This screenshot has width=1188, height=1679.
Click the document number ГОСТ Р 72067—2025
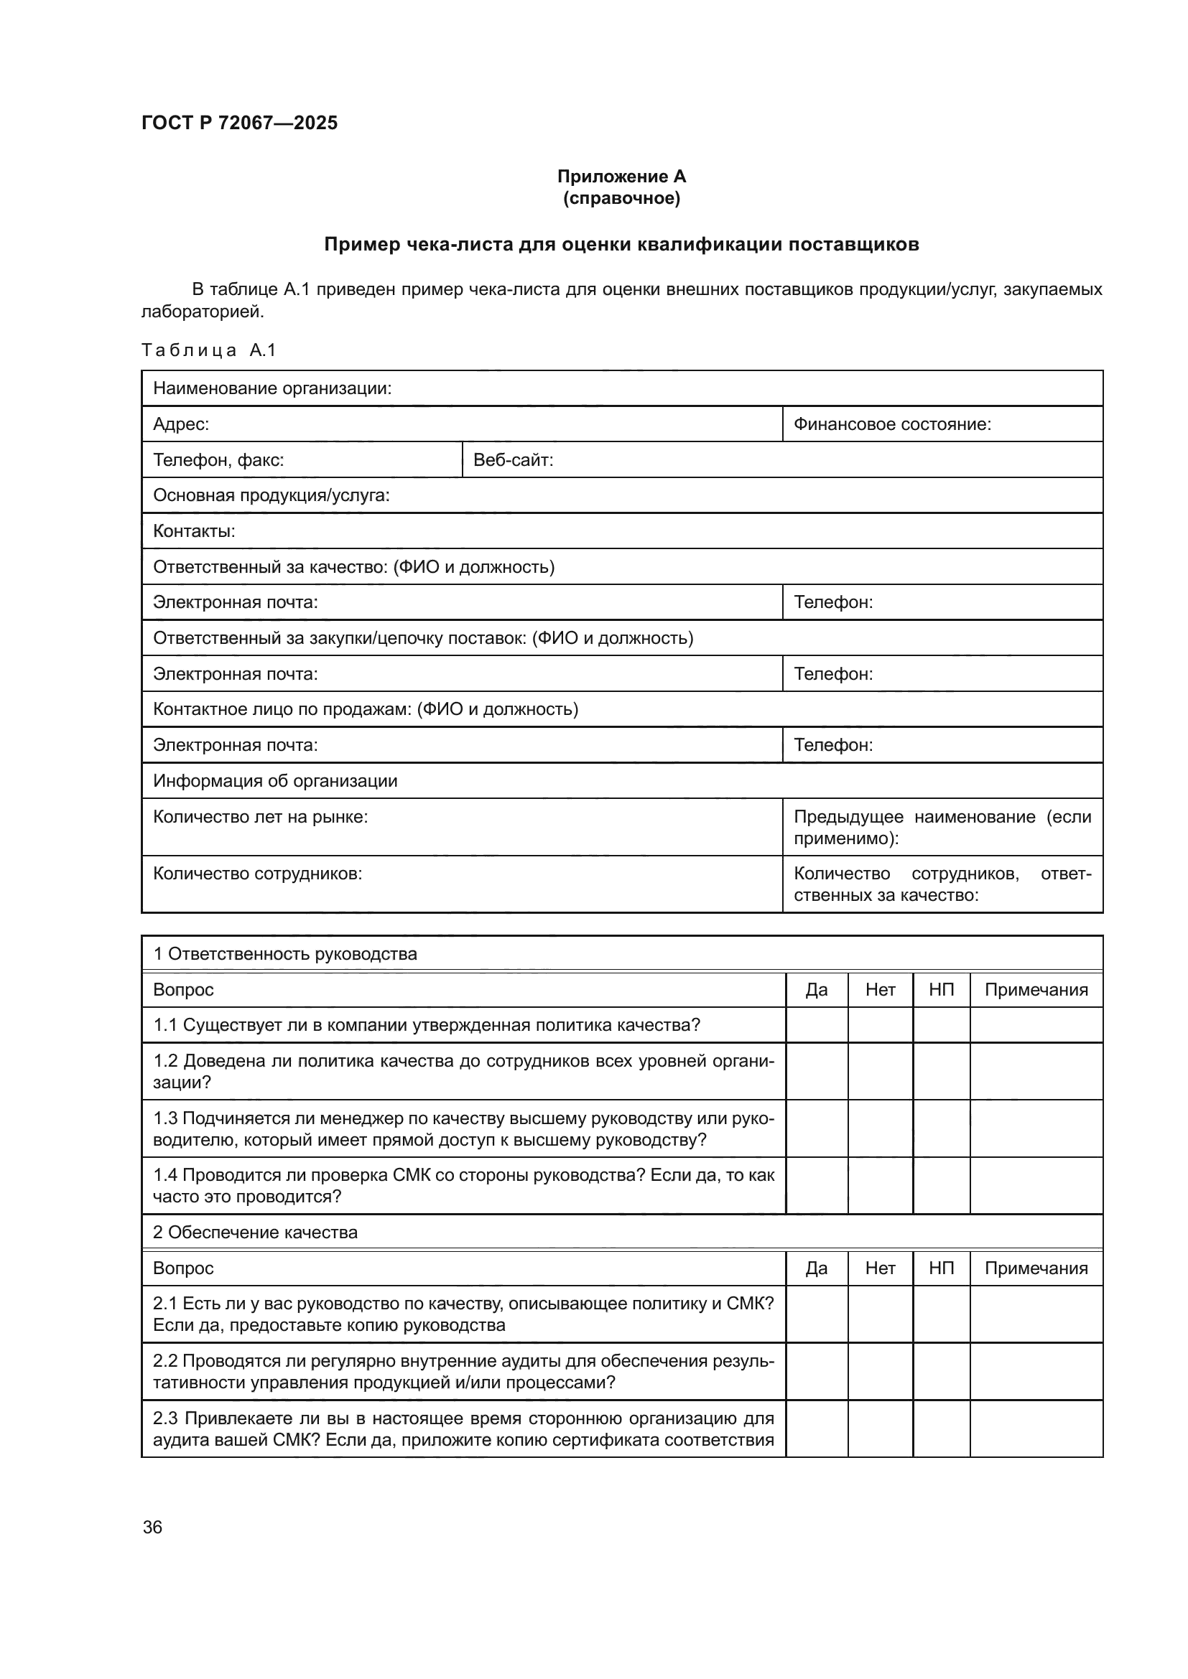(x=239, y=123)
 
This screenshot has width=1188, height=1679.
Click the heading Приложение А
(x=621, y=177)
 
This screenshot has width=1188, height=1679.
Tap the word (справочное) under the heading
(x=621, y=199)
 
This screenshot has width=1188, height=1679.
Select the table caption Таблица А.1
(x=208, y=350)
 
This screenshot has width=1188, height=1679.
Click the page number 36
(x=152, y=1527)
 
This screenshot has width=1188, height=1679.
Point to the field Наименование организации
(x=272, y=388)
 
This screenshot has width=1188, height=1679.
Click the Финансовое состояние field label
(x=892, y=424)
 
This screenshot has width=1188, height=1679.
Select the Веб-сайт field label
(x=513, y=460)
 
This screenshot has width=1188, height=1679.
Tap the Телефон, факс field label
(x=218, y=460)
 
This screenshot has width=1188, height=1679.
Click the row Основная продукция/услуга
(x=272, y=496)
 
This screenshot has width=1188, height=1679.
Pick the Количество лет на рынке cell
(x=261, y=817)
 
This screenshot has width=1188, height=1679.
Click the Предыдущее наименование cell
(x=942, y=827)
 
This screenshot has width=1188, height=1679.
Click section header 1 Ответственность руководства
(x=284, y=953)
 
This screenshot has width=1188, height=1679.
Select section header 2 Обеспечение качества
(x=254, y=1233)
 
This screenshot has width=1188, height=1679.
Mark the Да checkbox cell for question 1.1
(x=817, y=1025)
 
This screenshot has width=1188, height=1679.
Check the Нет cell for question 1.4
(x=880, y=1186)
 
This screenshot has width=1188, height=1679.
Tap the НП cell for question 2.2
(x=941, y=1371)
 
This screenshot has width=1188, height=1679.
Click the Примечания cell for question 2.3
(x=1035, y=1429)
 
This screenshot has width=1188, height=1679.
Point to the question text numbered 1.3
(x=463, y=1128)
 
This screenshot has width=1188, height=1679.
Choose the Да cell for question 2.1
(x=817, y=1314)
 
